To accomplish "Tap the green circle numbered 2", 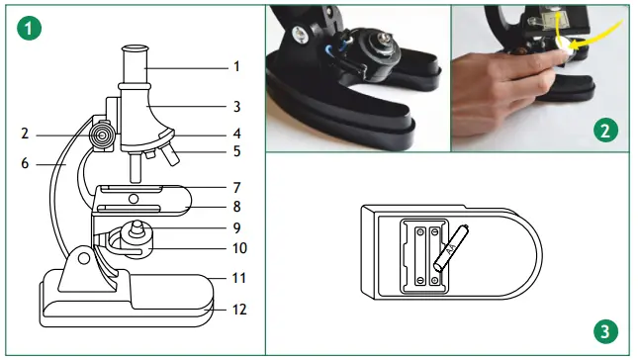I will pos(605,129).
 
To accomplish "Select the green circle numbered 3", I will pos(605,329).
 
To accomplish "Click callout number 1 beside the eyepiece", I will pos(235,67).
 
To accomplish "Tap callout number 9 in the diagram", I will pos(235,227).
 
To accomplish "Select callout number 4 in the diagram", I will pos(235,133).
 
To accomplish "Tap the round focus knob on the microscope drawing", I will pos(101,132).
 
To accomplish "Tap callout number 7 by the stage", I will pos(235,187).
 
